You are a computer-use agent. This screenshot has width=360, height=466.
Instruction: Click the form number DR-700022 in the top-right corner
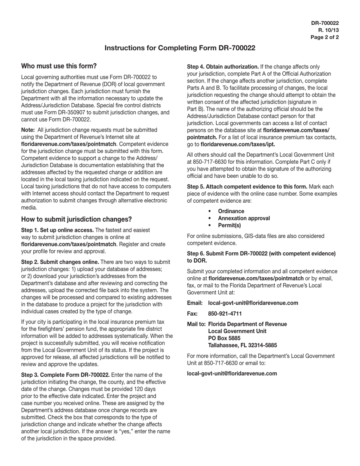(325, 23)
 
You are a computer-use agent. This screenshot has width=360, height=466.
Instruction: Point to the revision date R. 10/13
(328, 30)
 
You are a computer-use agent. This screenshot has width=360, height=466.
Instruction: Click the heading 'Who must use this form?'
(59, 66)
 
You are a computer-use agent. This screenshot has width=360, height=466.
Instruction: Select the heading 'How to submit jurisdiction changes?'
(76, 219)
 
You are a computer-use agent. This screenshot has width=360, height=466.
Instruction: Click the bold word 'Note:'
(28, 130)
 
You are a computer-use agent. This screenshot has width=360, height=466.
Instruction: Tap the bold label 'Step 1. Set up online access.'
(57, 230)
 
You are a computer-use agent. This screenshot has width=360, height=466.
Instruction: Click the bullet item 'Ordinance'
(231, 211)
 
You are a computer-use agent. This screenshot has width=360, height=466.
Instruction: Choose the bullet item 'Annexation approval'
(244, 218)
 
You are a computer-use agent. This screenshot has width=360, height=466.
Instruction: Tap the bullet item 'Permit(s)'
(229, 225)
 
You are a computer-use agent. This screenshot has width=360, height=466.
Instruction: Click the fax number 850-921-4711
(225, 314)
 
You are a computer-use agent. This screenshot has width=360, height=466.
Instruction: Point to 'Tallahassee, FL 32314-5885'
(243, 345)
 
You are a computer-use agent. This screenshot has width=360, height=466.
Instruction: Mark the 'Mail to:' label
(196, 324)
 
